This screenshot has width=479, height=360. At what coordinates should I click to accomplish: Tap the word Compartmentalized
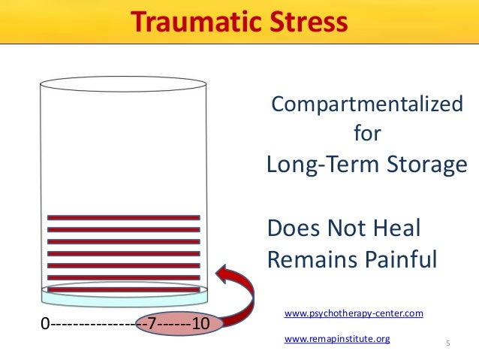tap(366, 104)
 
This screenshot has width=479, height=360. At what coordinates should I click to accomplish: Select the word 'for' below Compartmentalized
tap(366, 135)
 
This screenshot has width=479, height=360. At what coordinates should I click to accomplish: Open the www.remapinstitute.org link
tap(337, 339)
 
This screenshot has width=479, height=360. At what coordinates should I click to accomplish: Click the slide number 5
tap(448, 344)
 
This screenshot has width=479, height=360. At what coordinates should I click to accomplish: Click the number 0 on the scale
tap(44, 325)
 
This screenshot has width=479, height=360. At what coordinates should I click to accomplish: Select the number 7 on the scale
tap(152, 325)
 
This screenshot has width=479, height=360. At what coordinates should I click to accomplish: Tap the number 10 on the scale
tap(200, 325)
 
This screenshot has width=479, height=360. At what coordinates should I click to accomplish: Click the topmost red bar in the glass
tap(124, 218)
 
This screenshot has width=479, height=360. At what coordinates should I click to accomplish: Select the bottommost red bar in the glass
tap(124, 289)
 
